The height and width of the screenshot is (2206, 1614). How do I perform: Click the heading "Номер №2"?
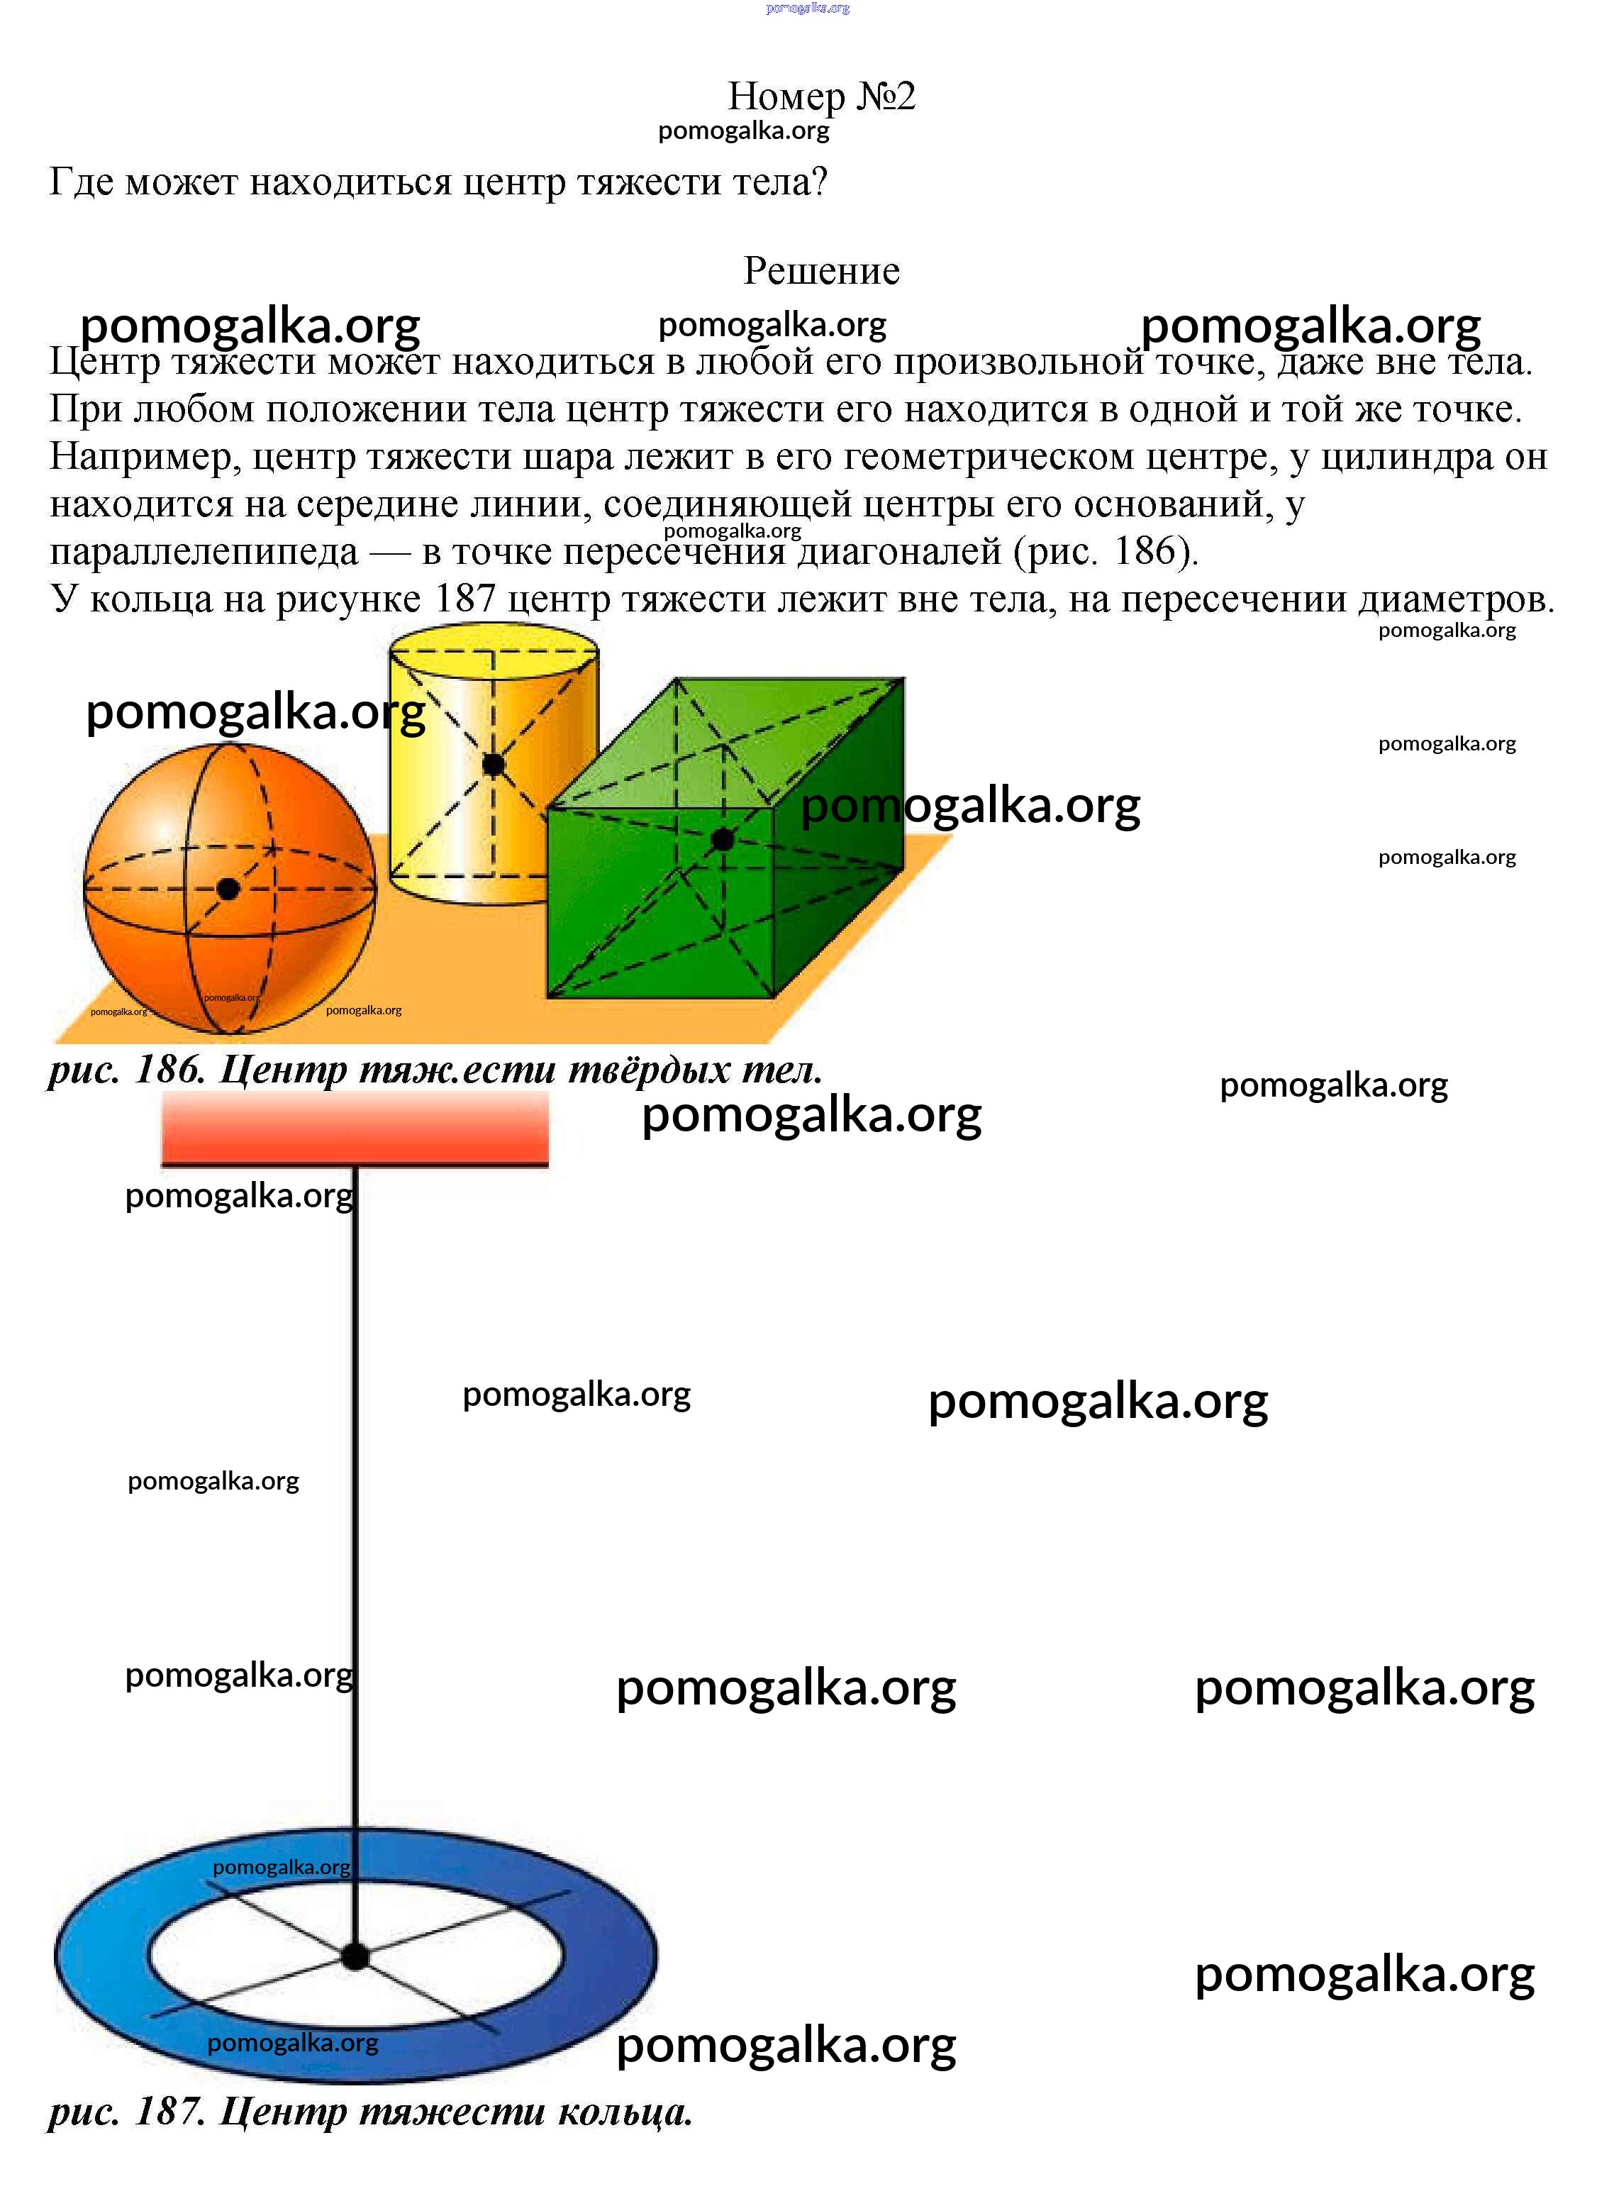coord(822,96)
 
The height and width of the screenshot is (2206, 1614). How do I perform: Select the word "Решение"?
coord(822,271)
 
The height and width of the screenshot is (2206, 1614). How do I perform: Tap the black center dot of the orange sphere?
coord(228,889)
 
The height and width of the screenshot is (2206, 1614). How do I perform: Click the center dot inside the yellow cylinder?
coord(494,764)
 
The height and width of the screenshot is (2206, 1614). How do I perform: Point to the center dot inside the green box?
coord(722,839)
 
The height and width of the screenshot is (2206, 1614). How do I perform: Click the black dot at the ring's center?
coord(355,1957)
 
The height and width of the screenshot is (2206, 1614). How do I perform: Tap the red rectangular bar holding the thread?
coord(355,1129)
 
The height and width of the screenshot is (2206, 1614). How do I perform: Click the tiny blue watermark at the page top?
coord(808,8)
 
